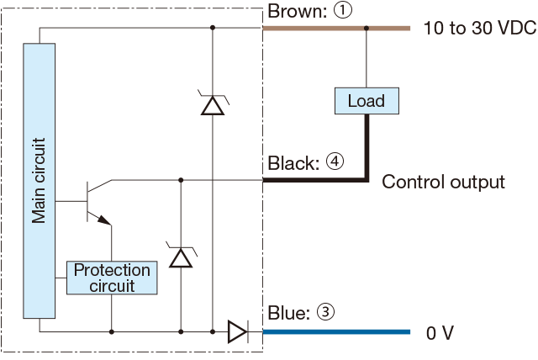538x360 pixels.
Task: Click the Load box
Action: (x=367, y=101)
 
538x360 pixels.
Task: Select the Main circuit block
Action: (x=40, y=181)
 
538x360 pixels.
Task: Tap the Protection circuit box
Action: (x=112, y=278)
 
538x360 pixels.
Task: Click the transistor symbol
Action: (x=97, y=203)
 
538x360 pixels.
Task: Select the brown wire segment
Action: (x=336, y=28)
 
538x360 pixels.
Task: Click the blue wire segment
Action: (x=336, y=332)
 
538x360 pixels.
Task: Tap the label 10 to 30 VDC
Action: (x=478, y=29)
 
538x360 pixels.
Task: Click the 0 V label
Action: (x=440, y=333)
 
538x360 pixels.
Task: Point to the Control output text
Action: (x=444, y=182)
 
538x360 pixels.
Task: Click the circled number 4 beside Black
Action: (x=335, y=162)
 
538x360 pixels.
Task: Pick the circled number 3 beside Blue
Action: (x=326, y=313)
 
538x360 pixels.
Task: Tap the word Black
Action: (x=292, y=162)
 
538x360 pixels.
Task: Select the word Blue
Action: (x=287, y=313)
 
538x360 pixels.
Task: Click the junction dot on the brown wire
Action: (x=367, y=28)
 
